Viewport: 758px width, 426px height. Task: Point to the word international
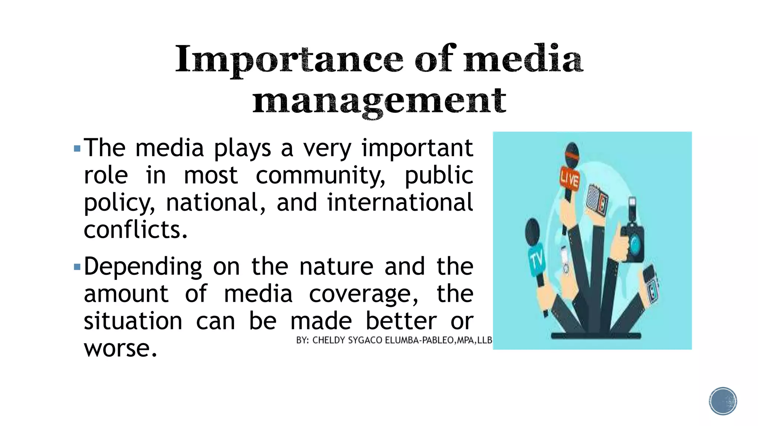(x=400, y=203)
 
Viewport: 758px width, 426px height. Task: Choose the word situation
(x=133, y=321)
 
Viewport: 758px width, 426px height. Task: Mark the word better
(x=401, y=321)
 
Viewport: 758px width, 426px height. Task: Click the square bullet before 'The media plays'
(x=77, y=149)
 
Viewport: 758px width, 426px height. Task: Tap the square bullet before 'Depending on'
(x=77, y=267)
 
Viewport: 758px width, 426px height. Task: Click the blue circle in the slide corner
(x=723, y=401)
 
